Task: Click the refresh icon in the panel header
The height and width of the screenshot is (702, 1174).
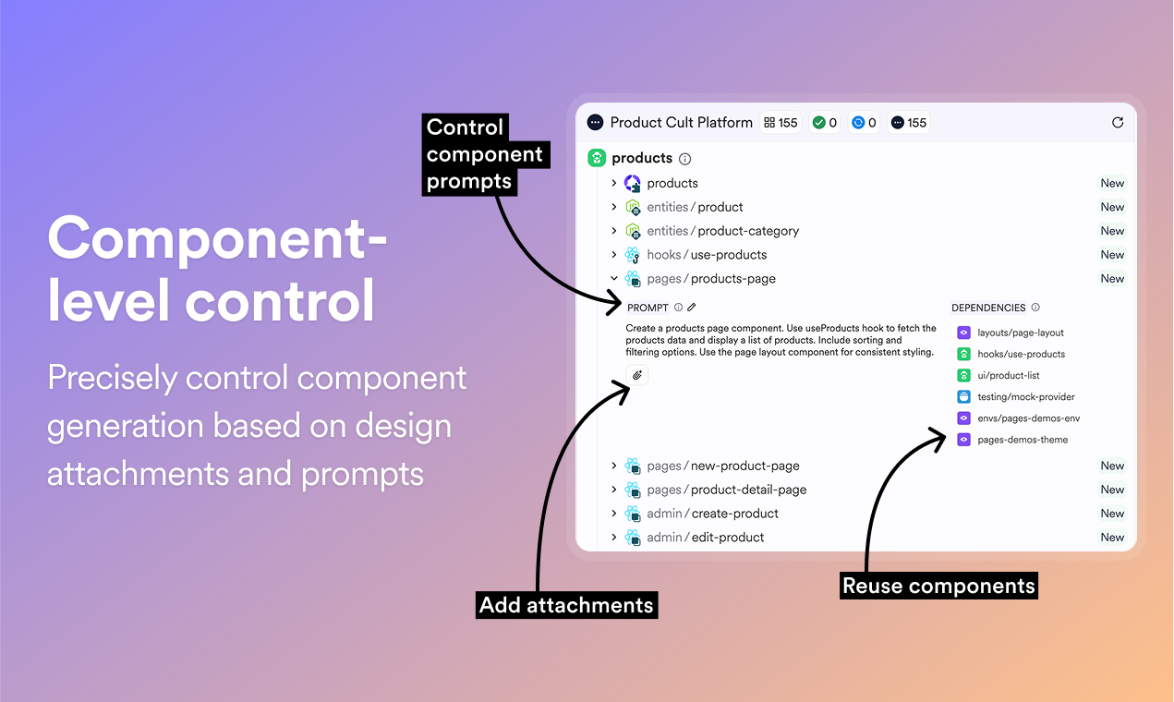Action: coord(1118,123)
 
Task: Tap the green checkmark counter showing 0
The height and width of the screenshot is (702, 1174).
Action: coord(825,123)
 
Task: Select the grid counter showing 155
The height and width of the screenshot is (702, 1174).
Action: coord(781,123)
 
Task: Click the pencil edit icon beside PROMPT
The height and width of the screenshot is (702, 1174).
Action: coord(692,308)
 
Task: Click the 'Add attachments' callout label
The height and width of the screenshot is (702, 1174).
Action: coord(566,605)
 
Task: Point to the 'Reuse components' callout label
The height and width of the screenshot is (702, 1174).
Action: coord(938,586)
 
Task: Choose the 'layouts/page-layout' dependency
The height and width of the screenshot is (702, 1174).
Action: coord(1020,333)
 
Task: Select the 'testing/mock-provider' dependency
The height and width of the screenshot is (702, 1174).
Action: coord(1025,397)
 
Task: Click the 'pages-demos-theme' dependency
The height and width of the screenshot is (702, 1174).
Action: coord(1023,440)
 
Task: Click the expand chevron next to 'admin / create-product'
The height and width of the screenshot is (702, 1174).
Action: coord(613,514)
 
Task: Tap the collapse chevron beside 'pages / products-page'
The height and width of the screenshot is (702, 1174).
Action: coord(613,278)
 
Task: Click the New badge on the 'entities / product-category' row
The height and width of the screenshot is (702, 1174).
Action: coord(1112,231)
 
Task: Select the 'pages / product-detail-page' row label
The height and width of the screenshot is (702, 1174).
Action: coord(726,490)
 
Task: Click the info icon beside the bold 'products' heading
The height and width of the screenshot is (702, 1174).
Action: coord(684,159)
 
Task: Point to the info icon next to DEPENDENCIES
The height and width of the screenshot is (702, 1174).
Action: coord(1035,308)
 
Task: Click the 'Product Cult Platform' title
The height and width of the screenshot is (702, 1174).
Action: coord(682,123)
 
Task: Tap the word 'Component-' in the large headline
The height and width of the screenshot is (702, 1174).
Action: coord(217,238)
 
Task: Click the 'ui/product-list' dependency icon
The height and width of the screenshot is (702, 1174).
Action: coord(963,375)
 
